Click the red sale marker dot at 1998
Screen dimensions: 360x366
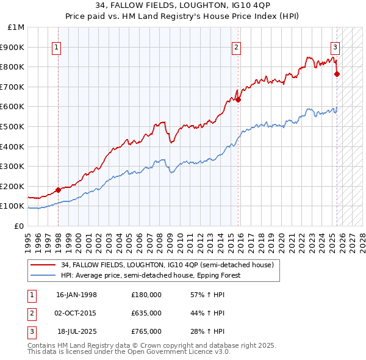58,190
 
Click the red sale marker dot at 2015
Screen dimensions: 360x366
239,100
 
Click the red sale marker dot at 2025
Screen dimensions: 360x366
337,74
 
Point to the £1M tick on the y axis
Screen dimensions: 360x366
16,27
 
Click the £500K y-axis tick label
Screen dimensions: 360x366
13,126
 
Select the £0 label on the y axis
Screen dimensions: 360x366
19,226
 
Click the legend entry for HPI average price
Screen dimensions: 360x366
150,275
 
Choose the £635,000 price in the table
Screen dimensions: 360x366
146,314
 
